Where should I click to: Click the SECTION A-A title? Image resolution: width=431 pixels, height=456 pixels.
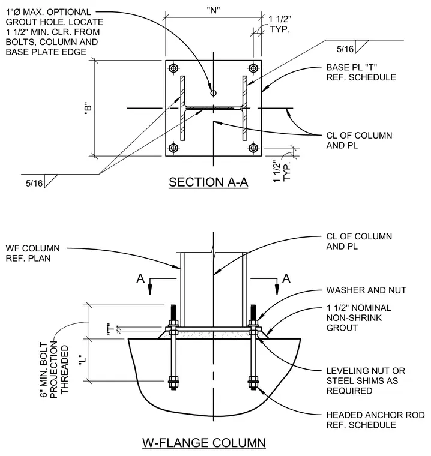pyautogui.click(x=208, y=182)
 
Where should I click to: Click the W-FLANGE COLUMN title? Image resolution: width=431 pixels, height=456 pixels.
pyautogui.click(x=203, y=443)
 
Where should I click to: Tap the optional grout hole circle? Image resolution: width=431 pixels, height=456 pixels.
pyautogui.click(x=213, y=93)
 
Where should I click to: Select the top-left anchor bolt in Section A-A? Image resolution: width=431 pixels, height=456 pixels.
pyautogui.click(x=173, y=68)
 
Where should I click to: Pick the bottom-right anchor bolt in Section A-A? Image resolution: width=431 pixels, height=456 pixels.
pyautogui.click(x=253, y=148)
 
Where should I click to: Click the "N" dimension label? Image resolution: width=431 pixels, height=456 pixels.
pyautogui.click(x=213, y=10)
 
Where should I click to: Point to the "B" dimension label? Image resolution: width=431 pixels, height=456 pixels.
pyautogui.click(x=88, y=108)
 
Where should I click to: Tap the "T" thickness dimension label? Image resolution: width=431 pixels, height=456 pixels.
pyautogui.click(x=110, y=329)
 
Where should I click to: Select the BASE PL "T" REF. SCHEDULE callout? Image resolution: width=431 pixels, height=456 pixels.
pyautogui.click(x=361, y=73)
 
